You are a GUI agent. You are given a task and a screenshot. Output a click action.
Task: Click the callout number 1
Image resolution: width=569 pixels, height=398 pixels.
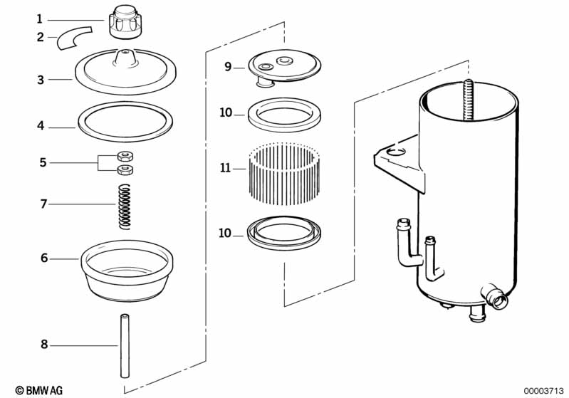click(40, 19)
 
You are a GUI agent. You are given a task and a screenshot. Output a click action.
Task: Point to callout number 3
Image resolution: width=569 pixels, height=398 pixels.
click(41, 80)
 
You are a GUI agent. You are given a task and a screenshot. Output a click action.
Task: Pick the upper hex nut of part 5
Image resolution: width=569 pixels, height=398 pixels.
click(125, 156)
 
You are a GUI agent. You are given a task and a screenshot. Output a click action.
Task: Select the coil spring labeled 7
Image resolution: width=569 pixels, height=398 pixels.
click(125, 206)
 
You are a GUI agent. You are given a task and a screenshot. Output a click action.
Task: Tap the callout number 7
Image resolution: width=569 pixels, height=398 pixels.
click(43, 204)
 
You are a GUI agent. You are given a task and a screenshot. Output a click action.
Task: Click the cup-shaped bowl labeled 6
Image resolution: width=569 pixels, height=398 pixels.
click(127, 274)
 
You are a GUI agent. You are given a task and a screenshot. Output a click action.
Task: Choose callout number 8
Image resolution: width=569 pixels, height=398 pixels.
click(43, 345)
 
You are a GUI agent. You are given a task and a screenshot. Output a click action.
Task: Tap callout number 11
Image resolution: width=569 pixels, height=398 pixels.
click(226, 169)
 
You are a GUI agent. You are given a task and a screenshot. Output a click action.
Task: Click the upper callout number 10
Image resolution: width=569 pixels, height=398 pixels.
click(226, 112)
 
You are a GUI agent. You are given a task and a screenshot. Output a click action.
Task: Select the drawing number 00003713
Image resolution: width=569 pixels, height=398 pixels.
click(543, 390)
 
